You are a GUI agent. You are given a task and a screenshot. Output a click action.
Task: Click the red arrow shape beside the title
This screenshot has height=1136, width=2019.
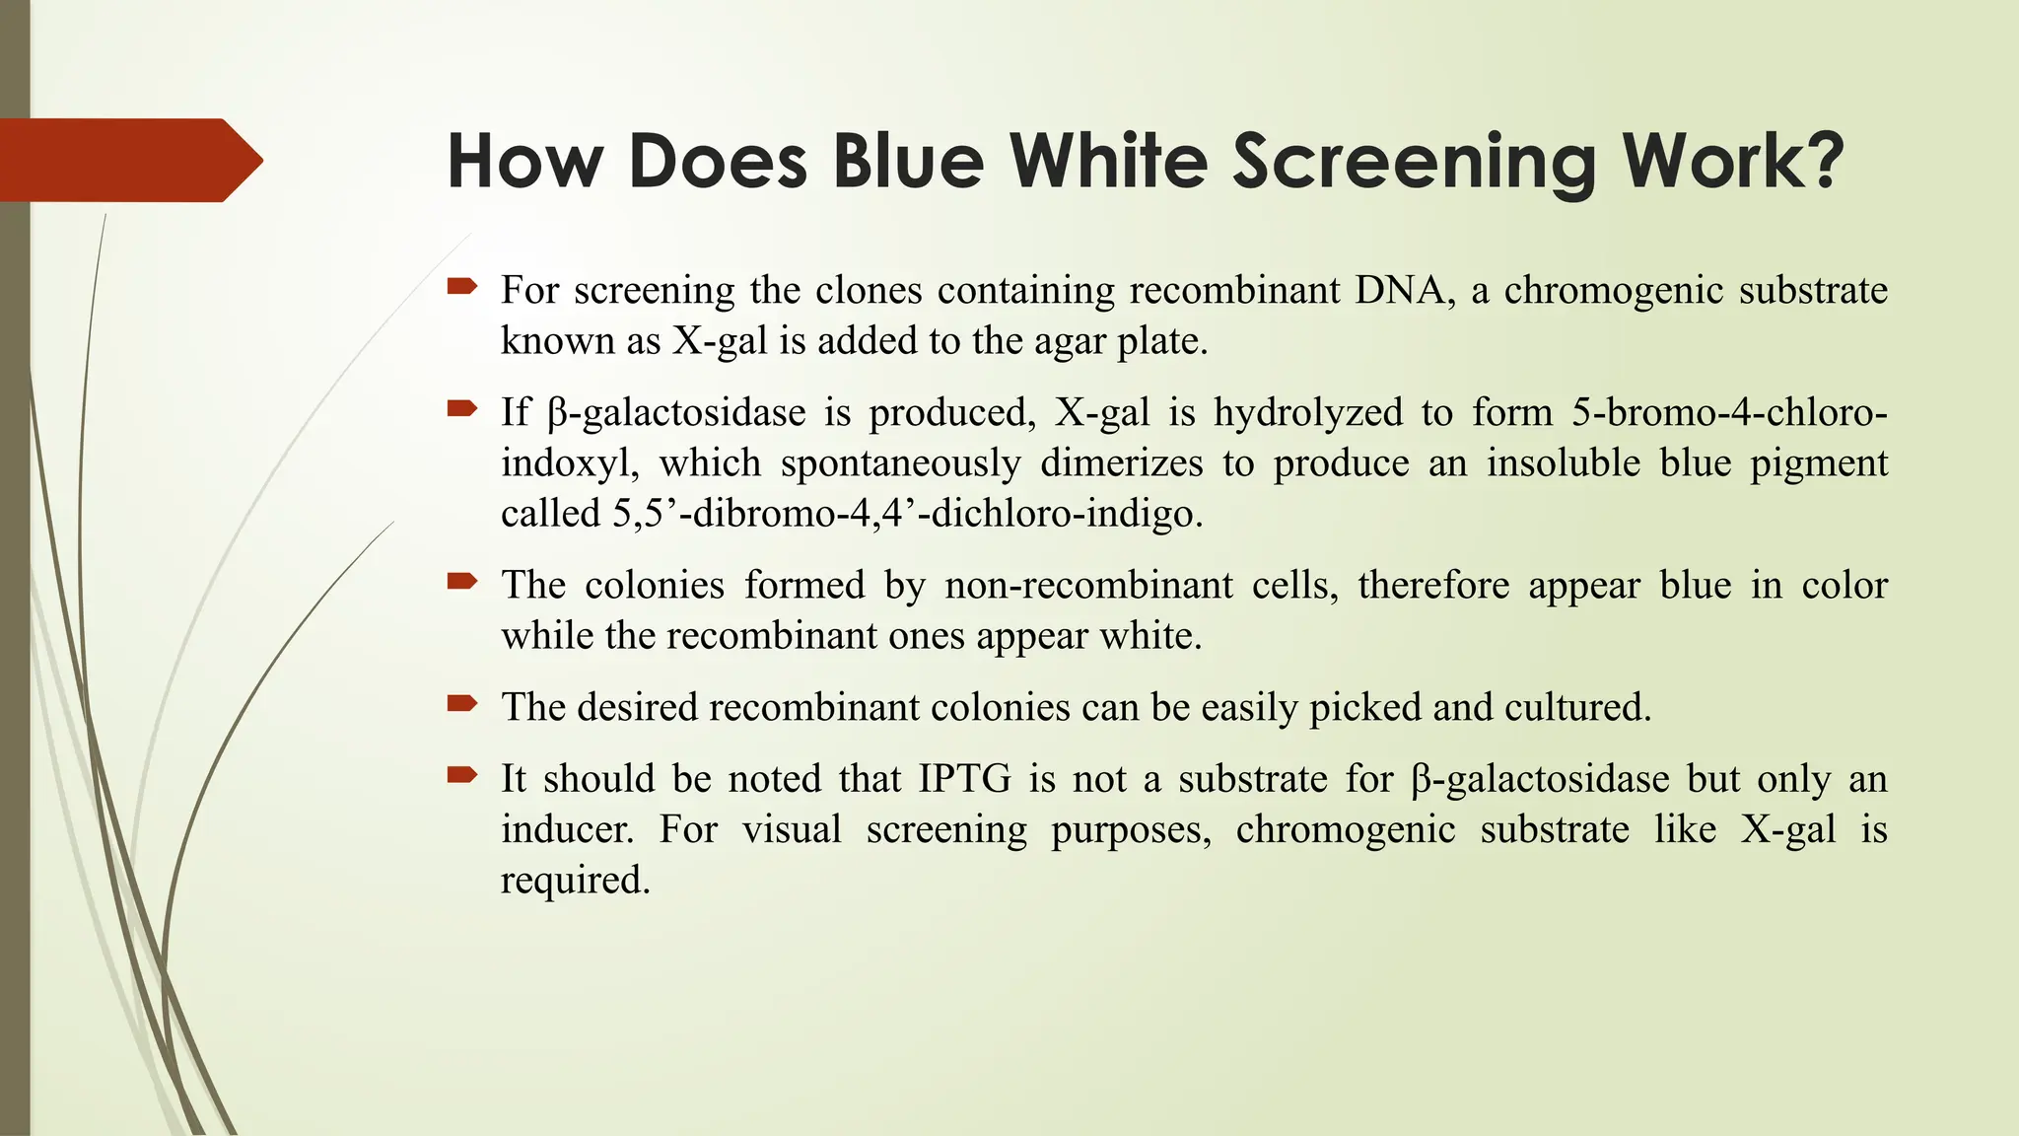click(x=128, y=160)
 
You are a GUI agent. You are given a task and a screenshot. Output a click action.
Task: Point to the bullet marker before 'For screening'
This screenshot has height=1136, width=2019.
click(x=461, y=287)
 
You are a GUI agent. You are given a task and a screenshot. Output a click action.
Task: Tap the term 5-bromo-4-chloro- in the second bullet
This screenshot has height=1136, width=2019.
click(x=1729, y=412)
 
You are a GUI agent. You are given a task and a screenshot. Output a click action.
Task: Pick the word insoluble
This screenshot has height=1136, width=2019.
click(x=1563, y=463)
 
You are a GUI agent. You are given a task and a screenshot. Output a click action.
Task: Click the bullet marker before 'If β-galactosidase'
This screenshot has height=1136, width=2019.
click(x=461, y=408)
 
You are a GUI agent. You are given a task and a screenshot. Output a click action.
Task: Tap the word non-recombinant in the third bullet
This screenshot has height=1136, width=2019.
click(x=1088, y=586)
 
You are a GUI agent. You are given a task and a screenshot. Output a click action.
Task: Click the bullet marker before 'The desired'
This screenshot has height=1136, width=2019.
click(x=461, y=704)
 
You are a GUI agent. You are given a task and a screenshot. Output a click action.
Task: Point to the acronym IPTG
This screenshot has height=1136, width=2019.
click(x=964, y=779)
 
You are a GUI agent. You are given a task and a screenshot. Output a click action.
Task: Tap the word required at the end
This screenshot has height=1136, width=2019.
click(x=575, y=881)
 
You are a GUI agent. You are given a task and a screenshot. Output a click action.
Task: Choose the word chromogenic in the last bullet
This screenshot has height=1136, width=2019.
click(x=1345, y=829)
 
